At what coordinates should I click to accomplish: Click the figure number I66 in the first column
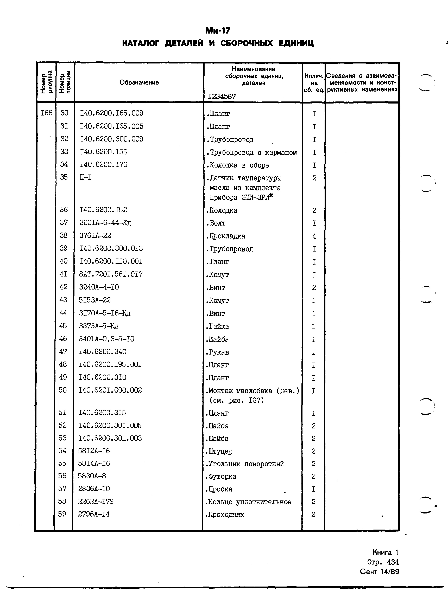[46, 113]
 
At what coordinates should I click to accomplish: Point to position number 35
[64, 177]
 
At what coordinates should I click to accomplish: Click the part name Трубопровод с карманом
[252, 153]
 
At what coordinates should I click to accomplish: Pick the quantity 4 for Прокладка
[314, 236]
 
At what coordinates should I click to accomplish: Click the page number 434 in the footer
[393, 562]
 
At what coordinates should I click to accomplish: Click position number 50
[63, 390]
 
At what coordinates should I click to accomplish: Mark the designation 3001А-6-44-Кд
[105, 223]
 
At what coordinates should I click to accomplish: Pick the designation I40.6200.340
[103, 352]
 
